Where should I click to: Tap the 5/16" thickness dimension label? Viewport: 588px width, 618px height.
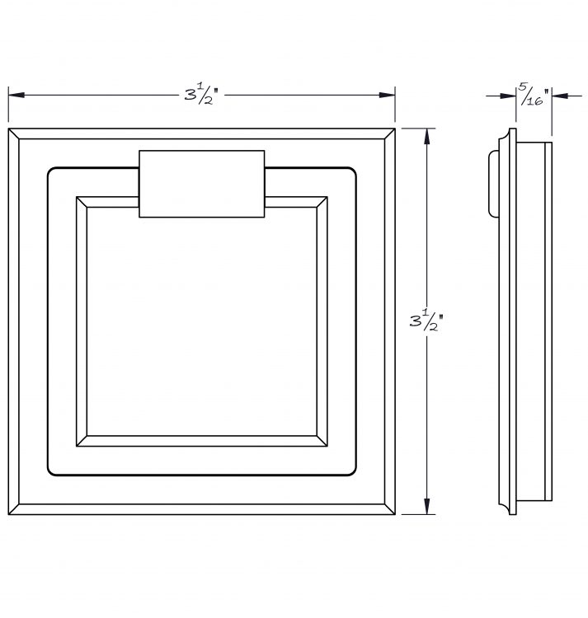[534, 94]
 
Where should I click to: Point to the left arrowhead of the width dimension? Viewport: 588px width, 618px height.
[16, 95]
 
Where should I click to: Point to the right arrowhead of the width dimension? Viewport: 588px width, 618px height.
[387, 95]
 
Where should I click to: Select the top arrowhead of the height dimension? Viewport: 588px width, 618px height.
[426, 136]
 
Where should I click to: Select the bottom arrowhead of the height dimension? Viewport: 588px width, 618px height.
[426, 506]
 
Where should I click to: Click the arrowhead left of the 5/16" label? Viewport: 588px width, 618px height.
[508, 96]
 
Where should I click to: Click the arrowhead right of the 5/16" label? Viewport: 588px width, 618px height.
[560, 96]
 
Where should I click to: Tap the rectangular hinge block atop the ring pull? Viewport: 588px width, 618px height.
[202, 184]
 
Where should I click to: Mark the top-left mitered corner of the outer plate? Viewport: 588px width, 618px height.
[14, 133]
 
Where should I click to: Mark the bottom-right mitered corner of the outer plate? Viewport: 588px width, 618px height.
[389, 509]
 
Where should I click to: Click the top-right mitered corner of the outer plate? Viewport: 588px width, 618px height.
[389, 133]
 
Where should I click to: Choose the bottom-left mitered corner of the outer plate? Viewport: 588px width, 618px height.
[14, 509]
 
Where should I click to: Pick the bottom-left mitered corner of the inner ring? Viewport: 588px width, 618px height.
[82, 441]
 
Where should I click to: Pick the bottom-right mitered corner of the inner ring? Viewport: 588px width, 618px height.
[322, 441]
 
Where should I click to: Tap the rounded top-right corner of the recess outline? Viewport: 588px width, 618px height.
[354, 171]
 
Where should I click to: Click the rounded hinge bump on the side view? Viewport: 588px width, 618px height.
[493, 184]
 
